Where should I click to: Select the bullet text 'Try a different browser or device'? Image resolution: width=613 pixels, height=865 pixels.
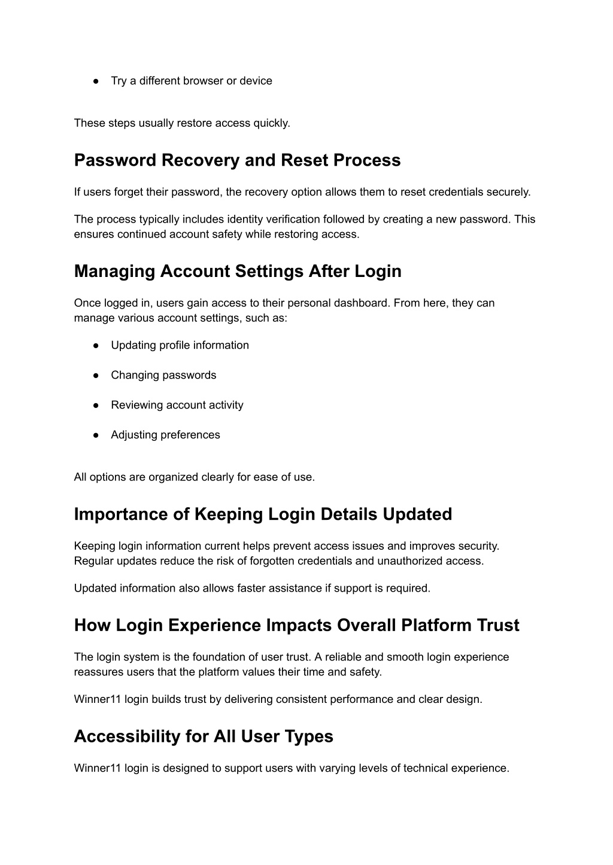[191, 81]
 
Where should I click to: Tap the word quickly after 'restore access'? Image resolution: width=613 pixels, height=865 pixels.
[271, 123]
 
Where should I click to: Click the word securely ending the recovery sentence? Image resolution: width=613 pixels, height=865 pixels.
[508, 192]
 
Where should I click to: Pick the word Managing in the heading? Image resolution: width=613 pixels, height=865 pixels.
[114, 272]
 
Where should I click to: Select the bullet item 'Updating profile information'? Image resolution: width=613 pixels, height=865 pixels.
[180, 345]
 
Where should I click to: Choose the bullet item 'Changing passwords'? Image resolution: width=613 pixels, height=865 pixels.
[163, 375]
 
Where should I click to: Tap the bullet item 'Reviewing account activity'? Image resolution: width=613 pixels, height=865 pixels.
[177, 405]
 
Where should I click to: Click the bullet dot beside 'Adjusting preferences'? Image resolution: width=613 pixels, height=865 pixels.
[96, 435]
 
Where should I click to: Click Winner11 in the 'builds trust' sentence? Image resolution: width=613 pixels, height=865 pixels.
[98, 699]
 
